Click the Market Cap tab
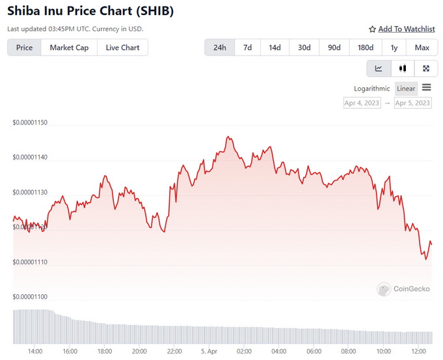tap(69, 48)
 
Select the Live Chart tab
tap(122, 48)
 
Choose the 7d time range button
tap(247, 48)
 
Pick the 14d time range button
tap(275, 48)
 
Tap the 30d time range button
tap(304, 48)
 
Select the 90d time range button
tap(334, 48)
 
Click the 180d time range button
tap(366, 48)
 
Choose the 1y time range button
tap(394, 48)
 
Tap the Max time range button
tap(422, 48)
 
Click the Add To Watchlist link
tap(401, 29)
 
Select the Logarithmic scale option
tap(372, 89)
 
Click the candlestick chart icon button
tap(403, 68)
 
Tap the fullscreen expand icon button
tap(426, 68)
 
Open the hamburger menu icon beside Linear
tap(427, 88)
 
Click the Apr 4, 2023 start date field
tap(362, 103)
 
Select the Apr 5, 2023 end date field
tap(412, 103)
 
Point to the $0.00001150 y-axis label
tap(34, 123)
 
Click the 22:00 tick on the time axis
tap(174, 352)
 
